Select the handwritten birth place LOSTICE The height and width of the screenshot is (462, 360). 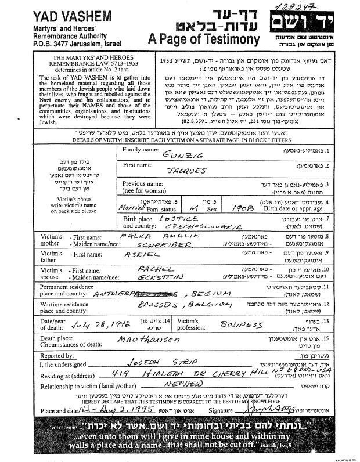click(x=177, y=217)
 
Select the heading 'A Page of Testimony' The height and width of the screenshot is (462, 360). click(x=203, y=39)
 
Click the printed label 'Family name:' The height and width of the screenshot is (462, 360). click(x=141, y=150)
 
